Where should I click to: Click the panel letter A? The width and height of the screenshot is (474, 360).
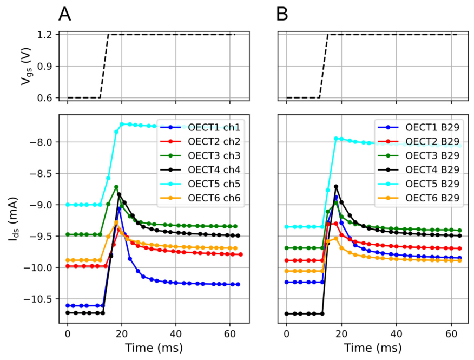coord(65,14)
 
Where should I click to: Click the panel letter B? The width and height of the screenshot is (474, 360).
coord(282,14)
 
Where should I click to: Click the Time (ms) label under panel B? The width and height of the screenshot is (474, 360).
coord(373,348)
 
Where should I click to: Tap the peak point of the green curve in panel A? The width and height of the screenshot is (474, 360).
coord(116,187)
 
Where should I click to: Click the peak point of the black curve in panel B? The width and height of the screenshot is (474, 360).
coord(336,186)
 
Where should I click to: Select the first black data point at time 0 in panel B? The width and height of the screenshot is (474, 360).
coord(287,314)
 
